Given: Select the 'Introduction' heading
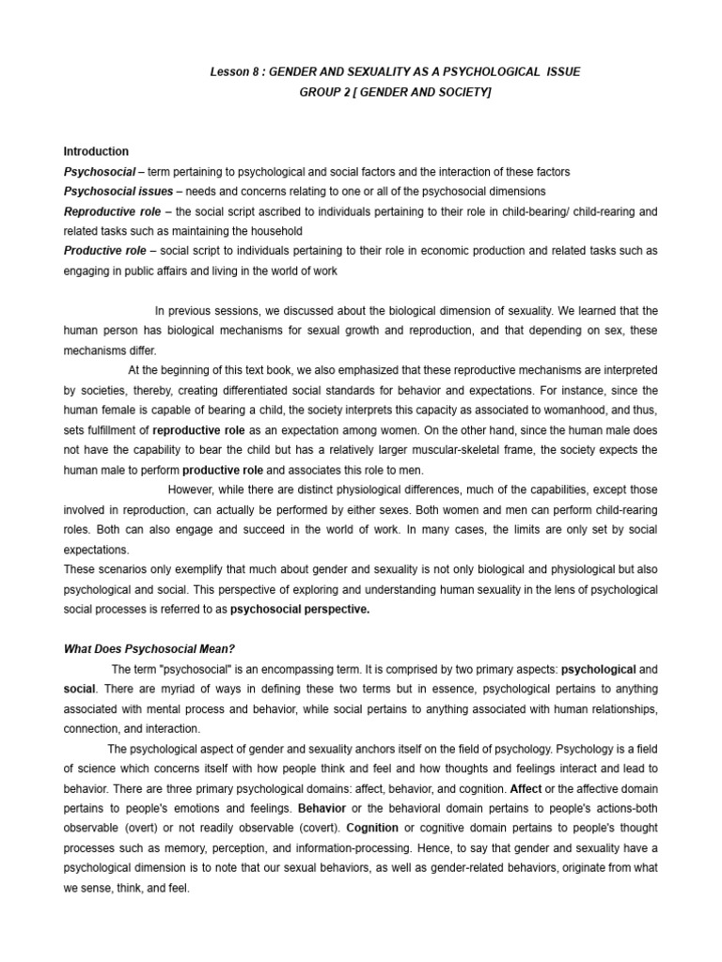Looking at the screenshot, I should point(96,151).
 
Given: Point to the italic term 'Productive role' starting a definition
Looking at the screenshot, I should point(105,251).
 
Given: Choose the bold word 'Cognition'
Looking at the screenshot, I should point(372,829).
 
